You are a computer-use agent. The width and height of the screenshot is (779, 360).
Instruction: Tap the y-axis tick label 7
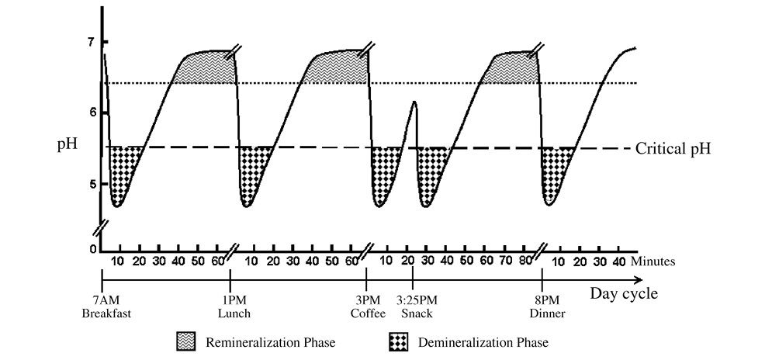92,41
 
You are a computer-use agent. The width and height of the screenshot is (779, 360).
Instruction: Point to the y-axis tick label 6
92,112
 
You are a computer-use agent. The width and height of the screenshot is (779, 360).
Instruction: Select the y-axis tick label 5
92,184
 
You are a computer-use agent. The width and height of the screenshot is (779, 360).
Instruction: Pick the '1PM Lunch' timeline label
230,307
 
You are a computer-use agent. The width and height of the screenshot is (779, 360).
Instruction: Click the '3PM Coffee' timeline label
365,307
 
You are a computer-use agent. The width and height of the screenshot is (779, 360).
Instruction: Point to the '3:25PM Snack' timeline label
416,307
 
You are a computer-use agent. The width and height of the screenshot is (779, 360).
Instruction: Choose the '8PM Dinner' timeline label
545,307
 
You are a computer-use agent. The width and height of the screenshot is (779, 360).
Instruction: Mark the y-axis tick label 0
92,248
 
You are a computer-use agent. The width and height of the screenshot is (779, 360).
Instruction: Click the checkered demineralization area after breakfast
120,171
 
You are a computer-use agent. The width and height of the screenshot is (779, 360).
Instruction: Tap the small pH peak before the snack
415,102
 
